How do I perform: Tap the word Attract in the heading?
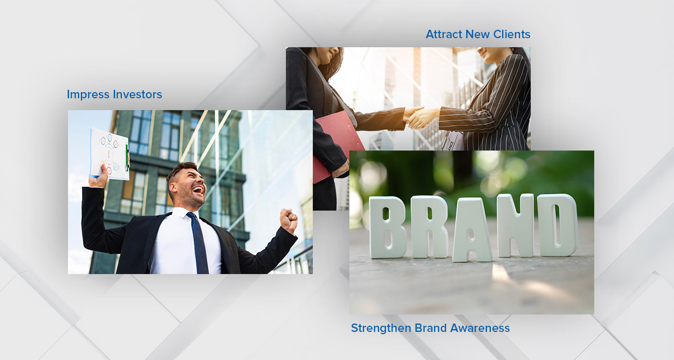coord(444,34)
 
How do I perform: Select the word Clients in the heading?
coord(511,34)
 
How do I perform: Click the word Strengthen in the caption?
coord(380,328)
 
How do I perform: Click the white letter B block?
coord(388,227)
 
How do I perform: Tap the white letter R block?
coord(430,227)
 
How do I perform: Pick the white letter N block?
coord(514,225)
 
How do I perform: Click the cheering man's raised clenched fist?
coord(289,220)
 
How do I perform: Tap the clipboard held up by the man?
coord(110,153)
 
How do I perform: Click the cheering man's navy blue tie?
coord(198,241)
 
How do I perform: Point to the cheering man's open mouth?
coord(198,191)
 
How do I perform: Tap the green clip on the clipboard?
coord(127,157)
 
